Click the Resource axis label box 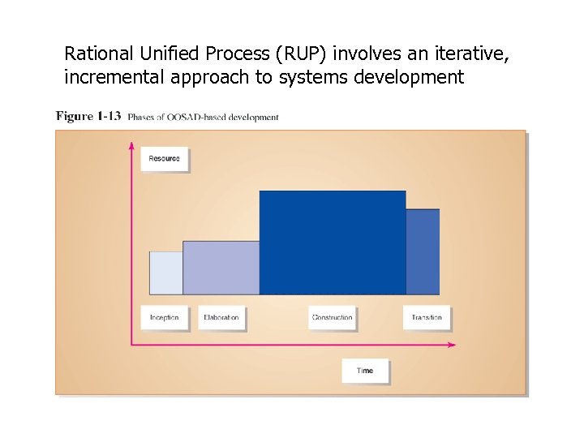[165, 159]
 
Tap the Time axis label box [365, 371]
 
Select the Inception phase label [165, 317]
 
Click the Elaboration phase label [221, 317]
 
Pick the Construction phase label [333, 317]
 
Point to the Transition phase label [427, 317]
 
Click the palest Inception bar [166, 273]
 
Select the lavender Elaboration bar [221, 268]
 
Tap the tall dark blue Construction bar [333, 243]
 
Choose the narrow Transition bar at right [423, 251]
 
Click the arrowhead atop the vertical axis [131, 146]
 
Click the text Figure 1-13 [88, 116]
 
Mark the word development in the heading [410, 78]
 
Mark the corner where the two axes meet [131, 345]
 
